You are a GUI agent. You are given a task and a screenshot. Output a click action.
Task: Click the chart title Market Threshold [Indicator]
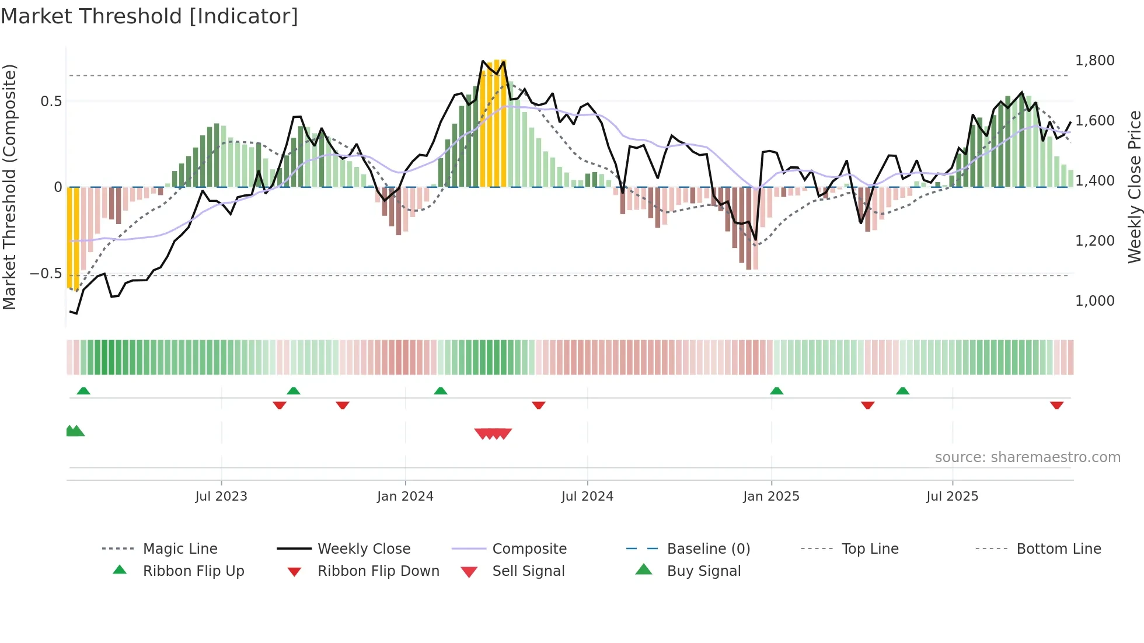pyautogui.click(x=149, y=16)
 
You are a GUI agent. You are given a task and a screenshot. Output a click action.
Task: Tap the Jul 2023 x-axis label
pyautogui.click(x=221, y=497)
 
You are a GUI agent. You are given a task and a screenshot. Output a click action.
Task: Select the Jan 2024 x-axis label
pyautogui.click(x=405, y=497)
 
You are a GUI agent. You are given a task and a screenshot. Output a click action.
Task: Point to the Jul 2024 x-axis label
pyautogui.click(x=587, y=497)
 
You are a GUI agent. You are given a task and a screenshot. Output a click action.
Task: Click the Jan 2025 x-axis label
pyautogui.click(x=771, y=497)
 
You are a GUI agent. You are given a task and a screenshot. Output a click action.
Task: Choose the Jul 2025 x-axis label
pyautogui.click(x=952, y=497)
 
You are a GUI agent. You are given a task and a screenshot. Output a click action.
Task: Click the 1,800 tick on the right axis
pyautogui.click(x=1094, y=61)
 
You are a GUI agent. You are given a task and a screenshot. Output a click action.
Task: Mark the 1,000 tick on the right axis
pyautogui.click(x=1094, y=301)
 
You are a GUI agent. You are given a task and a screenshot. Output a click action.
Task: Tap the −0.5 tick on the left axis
pyautogui.click(x=46, y=274)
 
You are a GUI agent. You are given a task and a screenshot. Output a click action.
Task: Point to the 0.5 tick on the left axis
pyautogui.click(x=51, y=102)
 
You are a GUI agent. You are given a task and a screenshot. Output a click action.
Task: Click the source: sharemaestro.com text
pyautogui.click(x=1027, y=457)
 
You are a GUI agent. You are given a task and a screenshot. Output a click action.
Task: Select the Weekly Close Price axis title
pyautogui.click(x=1134, y=187)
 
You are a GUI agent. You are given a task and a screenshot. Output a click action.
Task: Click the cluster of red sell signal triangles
pyautogui.click(x=493, y=434)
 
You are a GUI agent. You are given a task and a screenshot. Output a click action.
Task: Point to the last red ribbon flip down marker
pyautogui.click(x=1056, y=405)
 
